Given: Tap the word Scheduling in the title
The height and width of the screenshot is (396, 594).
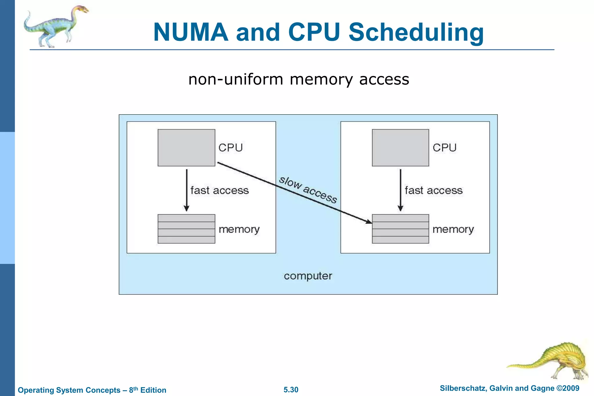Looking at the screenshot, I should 416,32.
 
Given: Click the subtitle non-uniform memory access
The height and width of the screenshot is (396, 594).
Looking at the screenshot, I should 298,79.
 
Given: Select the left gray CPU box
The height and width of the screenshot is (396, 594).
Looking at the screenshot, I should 186,148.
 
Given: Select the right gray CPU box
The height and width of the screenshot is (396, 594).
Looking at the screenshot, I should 400,148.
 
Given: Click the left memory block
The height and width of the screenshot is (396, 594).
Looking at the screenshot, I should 186,229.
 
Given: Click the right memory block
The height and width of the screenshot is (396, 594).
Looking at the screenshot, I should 400,229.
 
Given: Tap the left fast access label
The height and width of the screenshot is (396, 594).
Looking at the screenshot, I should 220,191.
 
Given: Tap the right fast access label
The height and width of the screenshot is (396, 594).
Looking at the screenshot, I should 434,191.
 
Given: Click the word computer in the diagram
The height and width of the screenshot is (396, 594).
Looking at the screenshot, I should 308,276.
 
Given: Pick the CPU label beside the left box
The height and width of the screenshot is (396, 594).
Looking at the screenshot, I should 230,148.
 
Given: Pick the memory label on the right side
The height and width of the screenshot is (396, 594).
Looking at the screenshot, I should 453,229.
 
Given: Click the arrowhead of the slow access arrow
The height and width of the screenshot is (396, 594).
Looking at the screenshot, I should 369,222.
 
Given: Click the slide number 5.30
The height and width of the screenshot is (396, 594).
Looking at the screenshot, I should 291,390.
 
